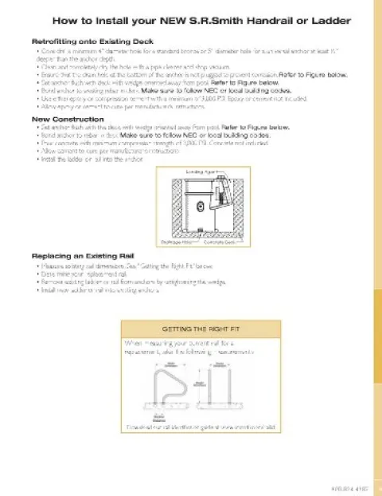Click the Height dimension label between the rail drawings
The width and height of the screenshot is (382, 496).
click(x=198, y=384)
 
